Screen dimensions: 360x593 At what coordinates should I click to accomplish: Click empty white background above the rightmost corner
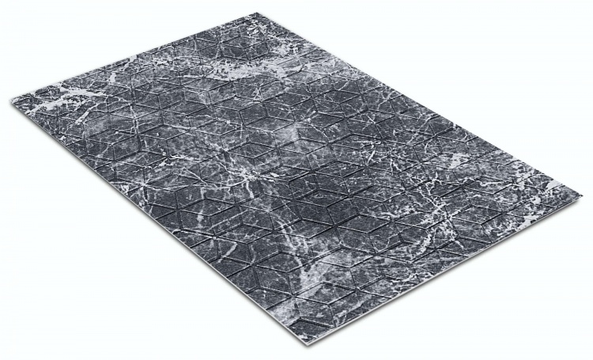click(x=553, y=95)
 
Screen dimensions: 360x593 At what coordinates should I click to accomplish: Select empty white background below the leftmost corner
click(x=47, y=237)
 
